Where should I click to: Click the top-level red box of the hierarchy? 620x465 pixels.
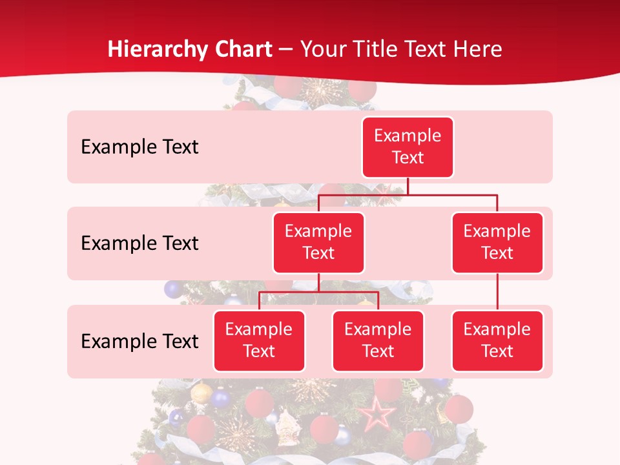click(x=408, y=147)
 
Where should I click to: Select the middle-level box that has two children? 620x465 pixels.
click(x=318, y=242)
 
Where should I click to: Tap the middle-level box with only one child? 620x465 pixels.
click(x=497, y=242)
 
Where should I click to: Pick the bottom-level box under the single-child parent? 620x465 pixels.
click(x=497, y=340)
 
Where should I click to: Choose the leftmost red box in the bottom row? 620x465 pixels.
click(x=259, y=340)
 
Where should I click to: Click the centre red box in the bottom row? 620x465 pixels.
click(x=378, y=340)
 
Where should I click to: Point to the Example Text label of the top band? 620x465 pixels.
click(x=139, y=147)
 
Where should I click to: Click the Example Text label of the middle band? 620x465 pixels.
click(x=139, y=243)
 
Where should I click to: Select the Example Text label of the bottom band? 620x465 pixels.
click(x=139, y=341)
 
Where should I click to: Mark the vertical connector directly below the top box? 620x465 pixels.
click(x=408, y=186)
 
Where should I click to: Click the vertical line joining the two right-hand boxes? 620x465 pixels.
click(x=497, y=292)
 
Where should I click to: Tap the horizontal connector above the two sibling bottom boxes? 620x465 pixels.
click(x=318, y=292)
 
